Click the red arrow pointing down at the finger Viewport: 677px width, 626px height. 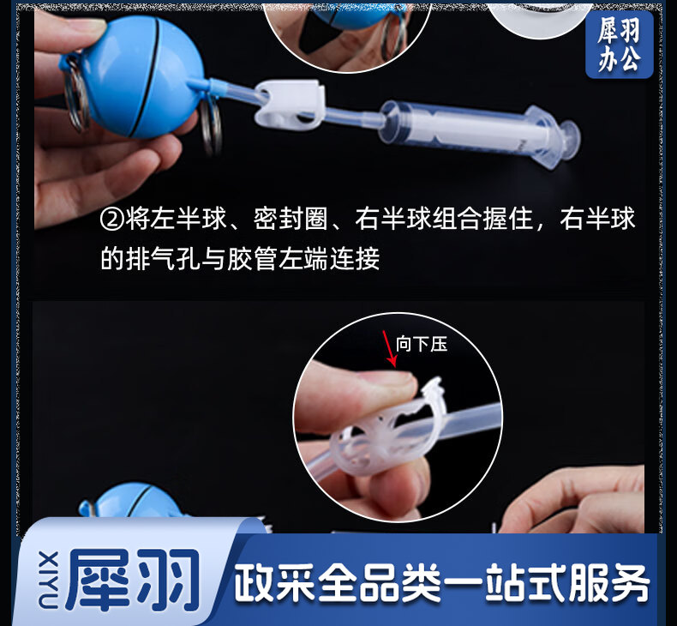(x=389, y=348)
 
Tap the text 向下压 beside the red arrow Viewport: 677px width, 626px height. (x=422, y=345)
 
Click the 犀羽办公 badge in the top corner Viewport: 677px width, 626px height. (x=620, y=44)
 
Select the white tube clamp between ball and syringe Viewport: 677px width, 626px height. (x=290, y=104)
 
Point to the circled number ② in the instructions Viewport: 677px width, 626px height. (x=111, y=219)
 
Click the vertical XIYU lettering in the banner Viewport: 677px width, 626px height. (x=48, y=580)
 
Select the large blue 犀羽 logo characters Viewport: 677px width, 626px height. (x=133, y=579)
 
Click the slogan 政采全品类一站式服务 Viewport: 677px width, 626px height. (x=441, y=583)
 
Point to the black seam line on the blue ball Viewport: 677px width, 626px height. (x=149, y=78)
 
